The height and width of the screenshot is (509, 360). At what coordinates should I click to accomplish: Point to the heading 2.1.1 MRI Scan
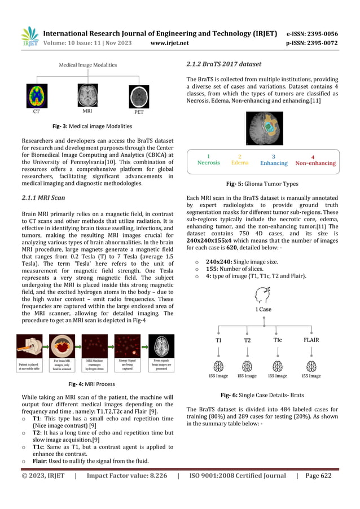(43, 198)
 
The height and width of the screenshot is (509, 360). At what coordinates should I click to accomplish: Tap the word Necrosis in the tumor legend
(209, 163)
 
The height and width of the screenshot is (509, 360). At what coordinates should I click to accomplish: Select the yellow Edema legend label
(240, 163)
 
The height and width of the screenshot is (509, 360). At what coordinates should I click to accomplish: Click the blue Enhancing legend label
(274, 163)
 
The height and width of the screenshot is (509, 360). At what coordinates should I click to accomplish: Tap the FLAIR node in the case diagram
(311, 341)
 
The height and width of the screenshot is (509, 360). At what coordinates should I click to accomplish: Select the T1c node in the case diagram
(278, 340)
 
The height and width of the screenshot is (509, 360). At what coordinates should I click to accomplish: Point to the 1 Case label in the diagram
(264, 309)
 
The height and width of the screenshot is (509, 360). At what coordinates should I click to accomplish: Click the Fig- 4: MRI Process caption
(91, 384)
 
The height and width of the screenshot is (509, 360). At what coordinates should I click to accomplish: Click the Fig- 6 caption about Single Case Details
(264, 396)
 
